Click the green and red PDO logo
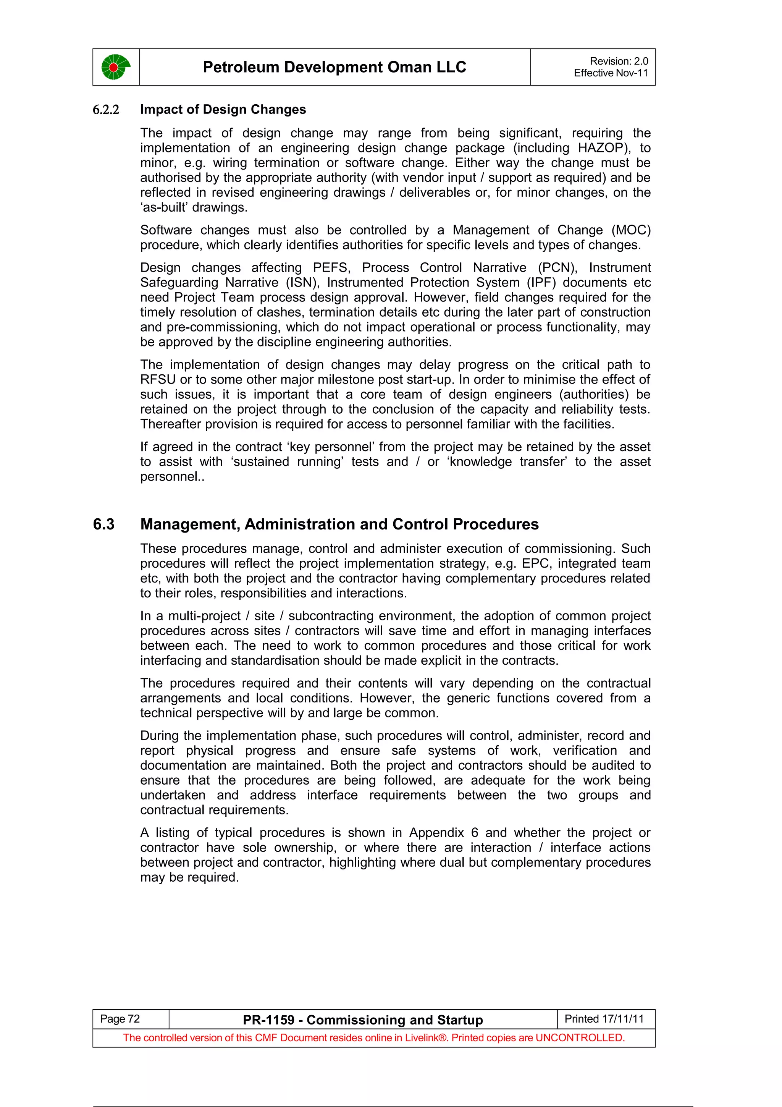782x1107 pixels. (116, 67)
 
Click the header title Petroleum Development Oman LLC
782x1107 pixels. (334, 67)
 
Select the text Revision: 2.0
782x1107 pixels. (619, 61)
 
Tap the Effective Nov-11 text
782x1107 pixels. (611, 73)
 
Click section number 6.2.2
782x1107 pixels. (106, 110)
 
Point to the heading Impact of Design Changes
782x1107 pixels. (223, 110)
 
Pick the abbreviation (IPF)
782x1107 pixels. (539, 283)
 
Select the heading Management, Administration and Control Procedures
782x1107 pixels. (339, 524)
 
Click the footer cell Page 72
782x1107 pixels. (120, 1019)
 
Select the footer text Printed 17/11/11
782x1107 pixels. (604, 1019)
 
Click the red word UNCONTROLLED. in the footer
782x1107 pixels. (580, 1037)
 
